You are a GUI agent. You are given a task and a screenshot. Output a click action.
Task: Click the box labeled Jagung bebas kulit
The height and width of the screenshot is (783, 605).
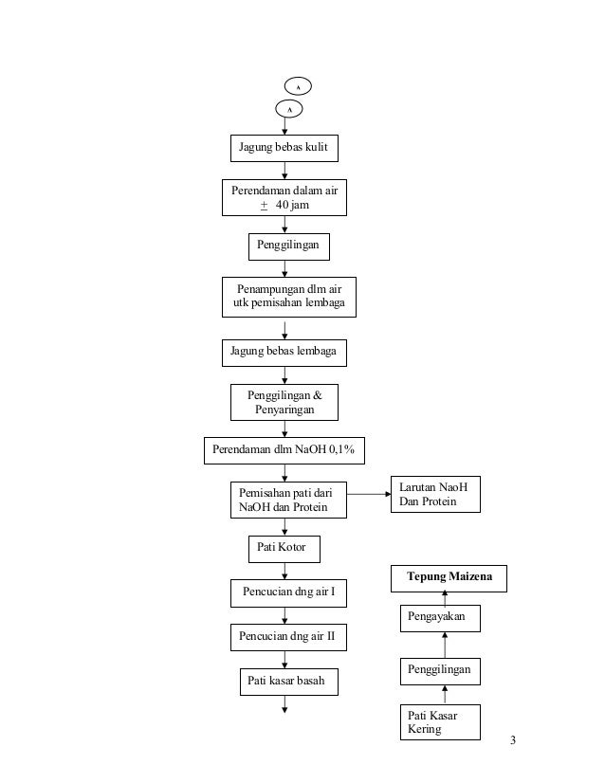tap(284, 148)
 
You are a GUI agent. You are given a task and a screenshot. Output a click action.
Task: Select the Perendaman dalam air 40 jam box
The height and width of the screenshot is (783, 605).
tap(284, 197)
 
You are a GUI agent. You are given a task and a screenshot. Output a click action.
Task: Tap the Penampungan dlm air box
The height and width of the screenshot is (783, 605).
tap(289, 297)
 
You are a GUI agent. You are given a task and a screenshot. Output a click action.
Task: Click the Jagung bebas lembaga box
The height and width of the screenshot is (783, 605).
tap(284, 353)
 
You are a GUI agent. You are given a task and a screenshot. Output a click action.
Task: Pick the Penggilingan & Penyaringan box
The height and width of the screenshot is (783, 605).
tap(284, 402)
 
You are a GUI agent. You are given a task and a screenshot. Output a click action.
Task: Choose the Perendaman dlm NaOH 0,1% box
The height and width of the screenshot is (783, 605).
tap(284, 450)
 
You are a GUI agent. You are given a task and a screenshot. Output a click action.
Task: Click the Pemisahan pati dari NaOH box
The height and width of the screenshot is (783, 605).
tap(288, 500)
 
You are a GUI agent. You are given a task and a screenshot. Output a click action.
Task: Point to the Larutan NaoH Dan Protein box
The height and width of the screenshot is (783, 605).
tap(435, 494)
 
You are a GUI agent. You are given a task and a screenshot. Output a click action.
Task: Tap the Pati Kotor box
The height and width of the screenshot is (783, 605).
tap(284, 549)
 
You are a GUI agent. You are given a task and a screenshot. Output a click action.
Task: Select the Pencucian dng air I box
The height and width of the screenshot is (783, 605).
tap(288, 593)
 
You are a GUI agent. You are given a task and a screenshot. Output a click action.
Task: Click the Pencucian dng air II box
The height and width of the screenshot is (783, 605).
tap(288, 637)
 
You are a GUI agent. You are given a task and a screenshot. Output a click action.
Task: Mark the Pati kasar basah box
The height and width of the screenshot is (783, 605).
tap(289, 682)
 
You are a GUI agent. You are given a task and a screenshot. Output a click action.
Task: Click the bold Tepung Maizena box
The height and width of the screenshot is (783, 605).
tap(449, 578)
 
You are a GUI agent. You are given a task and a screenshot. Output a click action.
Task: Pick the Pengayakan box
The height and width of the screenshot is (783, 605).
tap(440, 618)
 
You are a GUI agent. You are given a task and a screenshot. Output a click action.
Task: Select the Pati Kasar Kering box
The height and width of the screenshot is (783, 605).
tap(440, 722)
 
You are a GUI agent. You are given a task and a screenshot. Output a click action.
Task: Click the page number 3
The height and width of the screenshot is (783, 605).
tap(513, 740)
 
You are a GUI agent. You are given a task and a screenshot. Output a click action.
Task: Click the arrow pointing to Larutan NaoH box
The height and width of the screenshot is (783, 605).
tap(369, 494)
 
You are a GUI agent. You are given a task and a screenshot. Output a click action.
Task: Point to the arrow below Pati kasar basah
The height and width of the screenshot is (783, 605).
tap(284, 704)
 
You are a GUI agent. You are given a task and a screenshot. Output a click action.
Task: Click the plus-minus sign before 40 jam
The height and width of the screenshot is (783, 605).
tap(265, 206)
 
